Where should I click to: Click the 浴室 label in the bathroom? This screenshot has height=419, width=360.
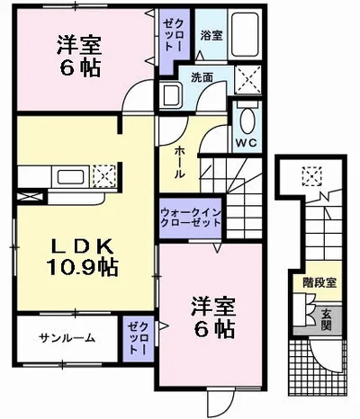[211, 37]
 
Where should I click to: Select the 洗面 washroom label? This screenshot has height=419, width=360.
[202, 78]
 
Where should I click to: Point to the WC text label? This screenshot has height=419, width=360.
[246, 143]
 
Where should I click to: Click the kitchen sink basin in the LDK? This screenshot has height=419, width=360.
[71, 175]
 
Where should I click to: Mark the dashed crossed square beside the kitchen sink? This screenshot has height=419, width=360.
[103, 174]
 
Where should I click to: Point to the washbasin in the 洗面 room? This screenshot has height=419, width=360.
[171, 94]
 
